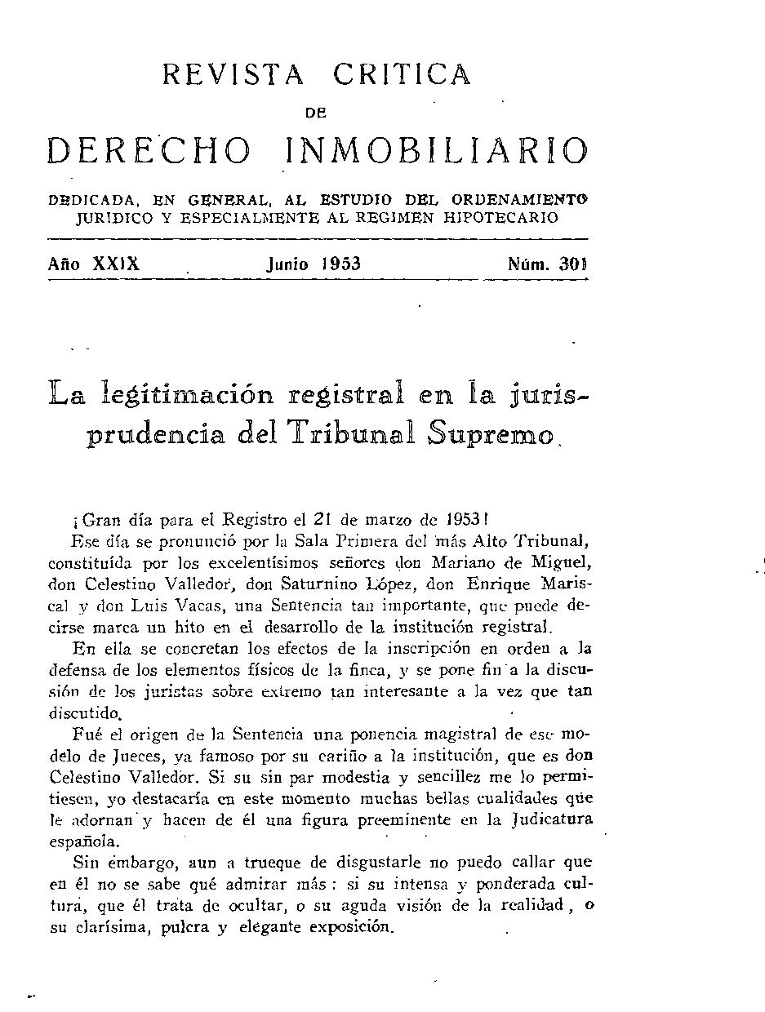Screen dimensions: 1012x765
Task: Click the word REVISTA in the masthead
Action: coord(234,75)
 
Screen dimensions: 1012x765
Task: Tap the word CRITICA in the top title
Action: coord(402,75)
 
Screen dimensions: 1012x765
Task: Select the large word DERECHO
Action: coord(149,151)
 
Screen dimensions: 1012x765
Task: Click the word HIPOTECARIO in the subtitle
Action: coord(506,218)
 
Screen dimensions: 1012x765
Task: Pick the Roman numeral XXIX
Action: coord(117,264)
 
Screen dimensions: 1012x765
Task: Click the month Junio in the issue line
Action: coord(287,264)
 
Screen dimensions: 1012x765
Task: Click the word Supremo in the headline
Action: coord(489,433)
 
